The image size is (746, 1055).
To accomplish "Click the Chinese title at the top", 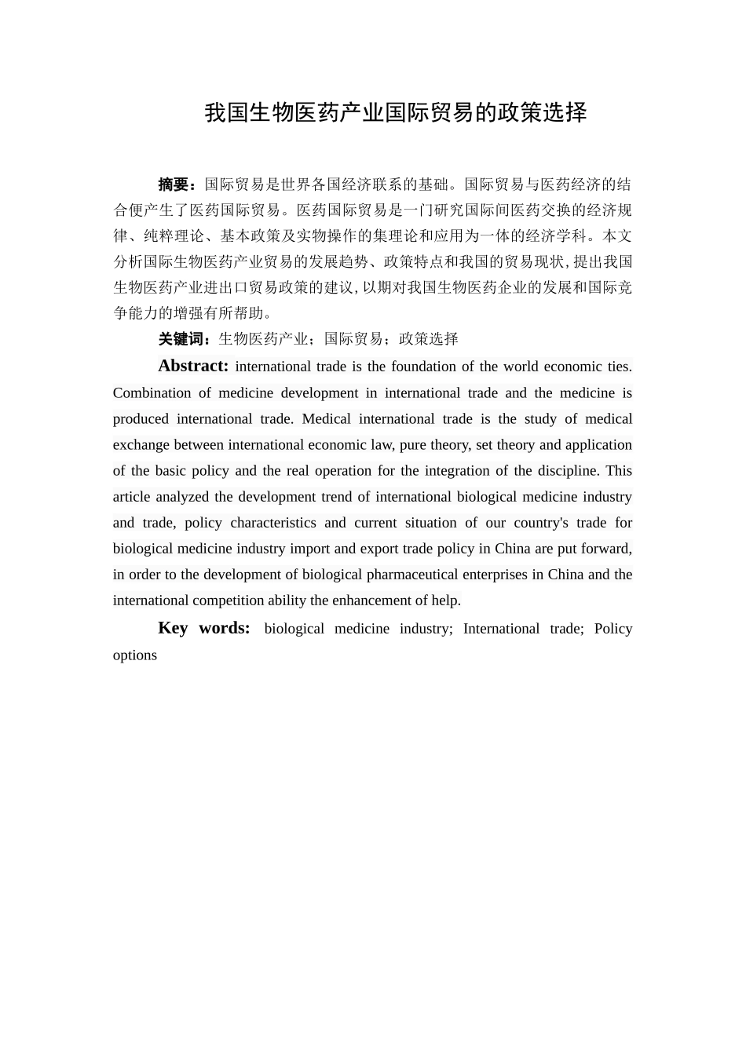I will click(396, 113).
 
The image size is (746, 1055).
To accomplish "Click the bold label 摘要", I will click(174, 184).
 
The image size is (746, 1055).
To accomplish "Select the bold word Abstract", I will click(192, 366).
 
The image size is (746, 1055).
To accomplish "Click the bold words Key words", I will click(203, 628).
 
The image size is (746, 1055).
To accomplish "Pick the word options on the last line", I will click(135, 655).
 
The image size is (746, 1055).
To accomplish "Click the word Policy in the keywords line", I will click(613, 628).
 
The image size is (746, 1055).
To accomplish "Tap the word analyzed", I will click(182, 497).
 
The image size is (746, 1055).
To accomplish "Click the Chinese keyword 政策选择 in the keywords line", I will click(429, 339).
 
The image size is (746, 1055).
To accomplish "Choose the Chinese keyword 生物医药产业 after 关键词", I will click(263, 339).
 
